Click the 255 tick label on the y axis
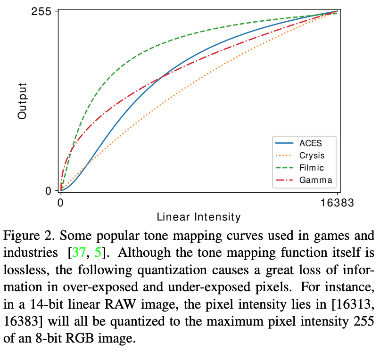(x=41, y=11)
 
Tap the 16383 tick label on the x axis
(x=337, y=203)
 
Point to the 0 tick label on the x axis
(x=60, y=203)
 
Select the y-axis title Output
(x=22, y=101)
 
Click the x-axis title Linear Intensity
(x=198, y=217)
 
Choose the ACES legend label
(x=311, y=143)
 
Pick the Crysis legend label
(x=312, y=155)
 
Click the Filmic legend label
(x=312, y=167)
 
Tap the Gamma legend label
(x=315, y=180)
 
